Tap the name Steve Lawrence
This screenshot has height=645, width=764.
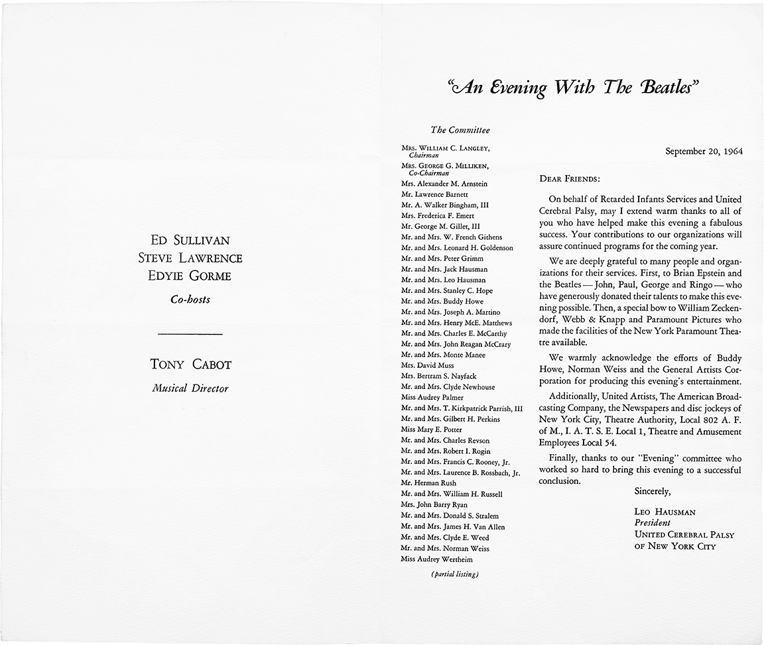190,258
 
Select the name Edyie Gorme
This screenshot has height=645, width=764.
190,276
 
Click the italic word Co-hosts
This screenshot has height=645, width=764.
190,299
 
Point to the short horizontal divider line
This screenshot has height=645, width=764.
191,333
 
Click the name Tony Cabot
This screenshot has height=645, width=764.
191,364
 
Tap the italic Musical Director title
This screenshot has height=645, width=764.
190,388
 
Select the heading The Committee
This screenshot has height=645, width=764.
460,130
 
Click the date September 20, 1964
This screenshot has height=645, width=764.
704,150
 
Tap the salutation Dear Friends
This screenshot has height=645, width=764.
570,178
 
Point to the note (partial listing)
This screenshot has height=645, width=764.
454,574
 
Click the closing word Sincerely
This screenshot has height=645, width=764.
653,492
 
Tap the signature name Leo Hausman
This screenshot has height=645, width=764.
665,512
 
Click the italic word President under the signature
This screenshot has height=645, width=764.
653,522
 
